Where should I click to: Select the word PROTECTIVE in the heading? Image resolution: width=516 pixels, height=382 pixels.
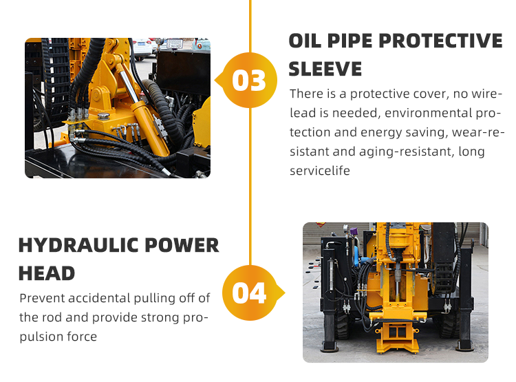pyautogui.click(x=440, y=41)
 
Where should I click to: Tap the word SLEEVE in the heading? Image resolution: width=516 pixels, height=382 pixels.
pyautogui.click(x=325, y=69)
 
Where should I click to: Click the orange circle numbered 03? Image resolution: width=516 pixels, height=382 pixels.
pyautogui.click(x=250, y=80)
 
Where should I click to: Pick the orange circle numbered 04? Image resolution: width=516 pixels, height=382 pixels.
pyautogui.click(x=250, y=293)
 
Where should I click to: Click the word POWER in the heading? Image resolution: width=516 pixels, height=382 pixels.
pyautogui.click(x=182, y=245)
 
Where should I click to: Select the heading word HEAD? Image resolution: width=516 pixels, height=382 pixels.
pyautogui.click(x=47, y=274)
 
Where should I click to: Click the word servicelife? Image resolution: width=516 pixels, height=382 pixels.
pyautogui.click(x=320, y=171)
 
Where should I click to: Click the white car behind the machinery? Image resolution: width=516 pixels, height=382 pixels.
pyautogui.click(x=142, y=48)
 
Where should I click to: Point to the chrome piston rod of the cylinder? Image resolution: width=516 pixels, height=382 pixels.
pyautogui.click(x=129, y=84)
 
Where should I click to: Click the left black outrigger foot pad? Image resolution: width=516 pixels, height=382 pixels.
pyautogui.click(x=329, y=346)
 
